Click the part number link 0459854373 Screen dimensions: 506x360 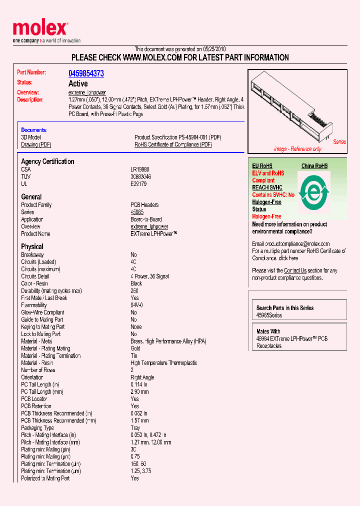pyautogui.click(x=86, y=73)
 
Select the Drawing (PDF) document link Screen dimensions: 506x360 pyautogui.click(x=36, y=144)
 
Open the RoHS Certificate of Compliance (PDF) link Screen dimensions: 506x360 pyautogui.click(x=173, y=144)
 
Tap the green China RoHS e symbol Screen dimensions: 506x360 pyautogui.click(x=314, y=192)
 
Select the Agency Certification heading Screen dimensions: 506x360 pyautogui.click(x=47, y=161)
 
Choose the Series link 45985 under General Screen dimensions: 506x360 pyautogui.click(x=137, y=212)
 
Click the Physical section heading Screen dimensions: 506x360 pyautogui.click(x=32, y=246)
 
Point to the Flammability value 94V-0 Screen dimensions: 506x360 pyautogui.click(x=137, y=305)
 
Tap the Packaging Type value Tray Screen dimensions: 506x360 pyautogui.click(x=135, y=428)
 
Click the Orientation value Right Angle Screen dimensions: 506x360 pyautogui.click(x=142, y=377)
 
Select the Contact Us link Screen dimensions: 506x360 pyautogui.click(x=295, y=270)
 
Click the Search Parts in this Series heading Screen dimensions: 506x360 pyautogui.click(x=285, y=308)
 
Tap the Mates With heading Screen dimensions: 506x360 pyautogui.click(x=268, y=331)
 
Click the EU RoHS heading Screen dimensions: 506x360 pyautogui.click(x=262, y=166)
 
